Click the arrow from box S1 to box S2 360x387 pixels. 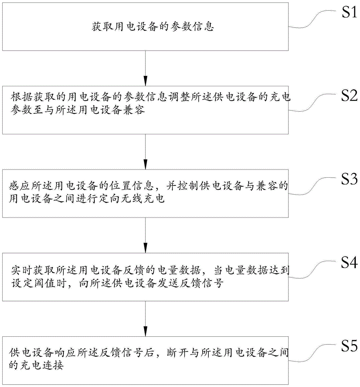(145, 68)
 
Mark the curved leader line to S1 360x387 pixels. (313, 19)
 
